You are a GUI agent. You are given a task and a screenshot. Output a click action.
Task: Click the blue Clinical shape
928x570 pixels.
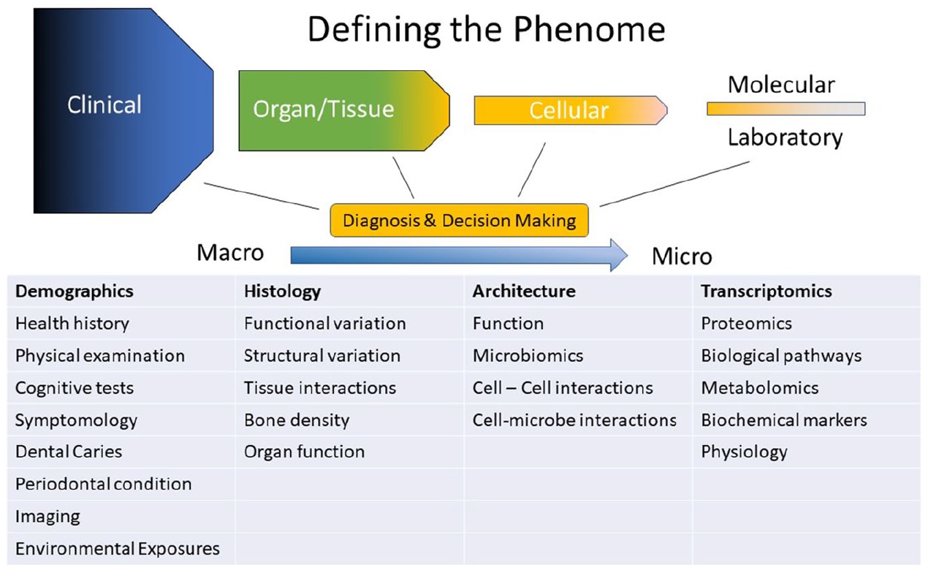point(123,110)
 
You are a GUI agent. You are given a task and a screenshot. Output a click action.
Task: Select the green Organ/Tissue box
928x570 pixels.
point(344,110)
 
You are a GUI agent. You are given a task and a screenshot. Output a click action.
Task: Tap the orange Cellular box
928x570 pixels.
point(571,110)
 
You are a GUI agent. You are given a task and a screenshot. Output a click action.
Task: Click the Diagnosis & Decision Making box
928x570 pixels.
point(459,221)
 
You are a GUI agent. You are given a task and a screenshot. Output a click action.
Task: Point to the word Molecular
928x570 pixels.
point(781,85)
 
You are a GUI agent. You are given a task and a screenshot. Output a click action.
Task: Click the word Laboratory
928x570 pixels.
point(785,137)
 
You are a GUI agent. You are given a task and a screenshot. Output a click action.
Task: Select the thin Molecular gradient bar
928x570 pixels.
point(786,109)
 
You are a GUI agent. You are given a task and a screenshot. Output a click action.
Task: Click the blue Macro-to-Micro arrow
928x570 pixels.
point(459,255)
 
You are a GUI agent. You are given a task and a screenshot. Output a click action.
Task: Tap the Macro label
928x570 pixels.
point(230,252)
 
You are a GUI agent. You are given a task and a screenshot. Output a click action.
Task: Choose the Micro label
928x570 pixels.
point(682,256)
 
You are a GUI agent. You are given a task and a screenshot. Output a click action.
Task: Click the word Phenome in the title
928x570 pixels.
point(589,30)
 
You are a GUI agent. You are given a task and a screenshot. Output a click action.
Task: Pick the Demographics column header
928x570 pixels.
point(75,292)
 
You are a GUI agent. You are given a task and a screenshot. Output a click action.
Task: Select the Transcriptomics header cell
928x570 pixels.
point(767,292)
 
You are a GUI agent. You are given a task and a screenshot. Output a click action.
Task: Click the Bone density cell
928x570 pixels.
point(297,420)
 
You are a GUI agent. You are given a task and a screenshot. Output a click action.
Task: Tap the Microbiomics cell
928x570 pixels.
point(528,355)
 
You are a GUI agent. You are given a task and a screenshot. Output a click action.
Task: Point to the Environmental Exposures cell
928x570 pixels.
point(118,549)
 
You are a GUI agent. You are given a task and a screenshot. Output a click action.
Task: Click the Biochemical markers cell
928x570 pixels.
point(784,420)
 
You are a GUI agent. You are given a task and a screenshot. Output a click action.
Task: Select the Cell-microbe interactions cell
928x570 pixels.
point(574,420)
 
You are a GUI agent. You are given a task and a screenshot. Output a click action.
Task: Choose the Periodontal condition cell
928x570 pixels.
point(104,484)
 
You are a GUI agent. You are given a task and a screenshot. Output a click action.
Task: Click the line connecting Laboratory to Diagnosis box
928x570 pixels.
point(674,183)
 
